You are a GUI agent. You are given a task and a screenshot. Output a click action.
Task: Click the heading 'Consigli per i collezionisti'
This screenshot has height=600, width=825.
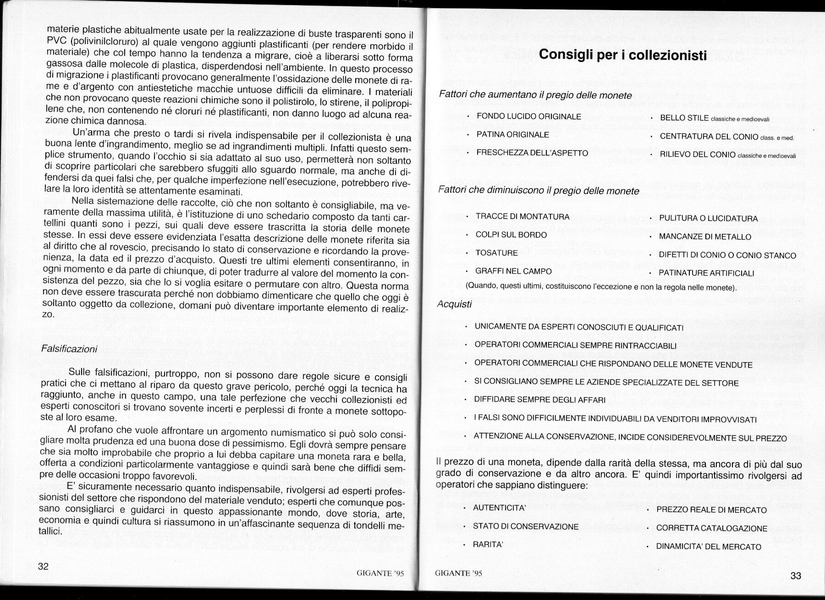point(623,55)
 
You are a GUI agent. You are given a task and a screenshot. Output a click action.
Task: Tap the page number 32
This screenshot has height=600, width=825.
point(43,566)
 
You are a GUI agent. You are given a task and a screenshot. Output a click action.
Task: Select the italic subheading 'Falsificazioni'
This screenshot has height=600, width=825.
point(69,349)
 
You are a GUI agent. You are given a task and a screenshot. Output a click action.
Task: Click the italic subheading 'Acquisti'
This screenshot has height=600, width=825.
point(454,304)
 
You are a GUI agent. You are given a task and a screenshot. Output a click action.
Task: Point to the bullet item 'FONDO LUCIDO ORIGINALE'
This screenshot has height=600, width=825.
point(529,117)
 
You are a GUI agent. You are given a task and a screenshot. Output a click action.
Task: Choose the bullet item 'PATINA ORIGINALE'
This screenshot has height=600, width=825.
point(513,134)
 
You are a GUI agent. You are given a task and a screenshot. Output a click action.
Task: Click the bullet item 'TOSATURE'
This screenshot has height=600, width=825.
point(496,253)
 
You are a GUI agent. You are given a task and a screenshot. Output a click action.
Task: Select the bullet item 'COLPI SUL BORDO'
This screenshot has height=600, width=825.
point(511,235)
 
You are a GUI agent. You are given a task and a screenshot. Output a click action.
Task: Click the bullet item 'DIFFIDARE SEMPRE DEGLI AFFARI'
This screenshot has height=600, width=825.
point(540,400)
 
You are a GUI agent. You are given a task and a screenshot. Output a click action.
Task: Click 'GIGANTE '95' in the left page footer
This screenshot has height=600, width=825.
point(380,573)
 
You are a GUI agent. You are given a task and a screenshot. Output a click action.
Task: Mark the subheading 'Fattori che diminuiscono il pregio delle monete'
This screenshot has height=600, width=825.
point(539,190)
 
